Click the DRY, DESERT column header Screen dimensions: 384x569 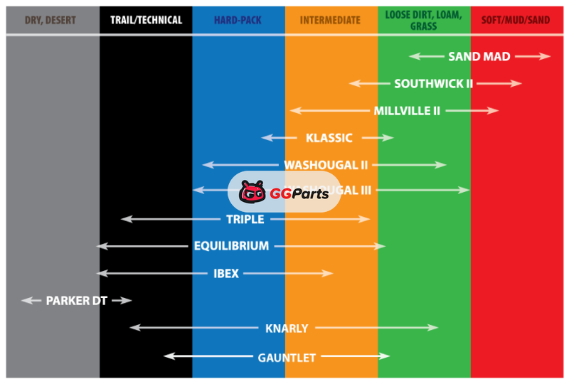point(52,21)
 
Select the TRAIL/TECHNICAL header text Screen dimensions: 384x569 point(146,21)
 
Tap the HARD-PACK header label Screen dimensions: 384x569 point(238,21)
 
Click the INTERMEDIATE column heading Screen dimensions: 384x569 point(330,21)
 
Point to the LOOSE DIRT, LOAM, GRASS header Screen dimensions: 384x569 point(423,20)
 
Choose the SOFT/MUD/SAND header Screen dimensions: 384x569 point(516,21)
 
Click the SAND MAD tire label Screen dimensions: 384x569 point(479,57)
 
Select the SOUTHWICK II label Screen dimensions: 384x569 point(433,84)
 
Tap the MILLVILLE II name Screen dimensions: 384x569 point(407,111)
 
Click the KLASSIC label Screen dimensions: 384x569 point(329,138)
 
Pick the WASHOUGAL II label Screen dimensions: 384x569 point(326,165)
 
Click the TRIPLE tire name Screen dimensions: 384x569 point(245,220)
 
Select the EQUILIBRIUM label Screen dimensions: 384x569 point(231,247)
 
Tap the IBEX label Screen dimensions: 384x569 point(226,274)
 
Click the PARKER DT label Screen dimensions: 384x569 point(76,301)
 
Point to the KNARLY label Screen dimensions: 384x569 point(287,329)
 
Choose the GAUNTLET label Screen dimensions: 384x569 point(287,358)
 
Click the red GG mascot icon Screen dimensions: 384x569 point(252,192)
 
